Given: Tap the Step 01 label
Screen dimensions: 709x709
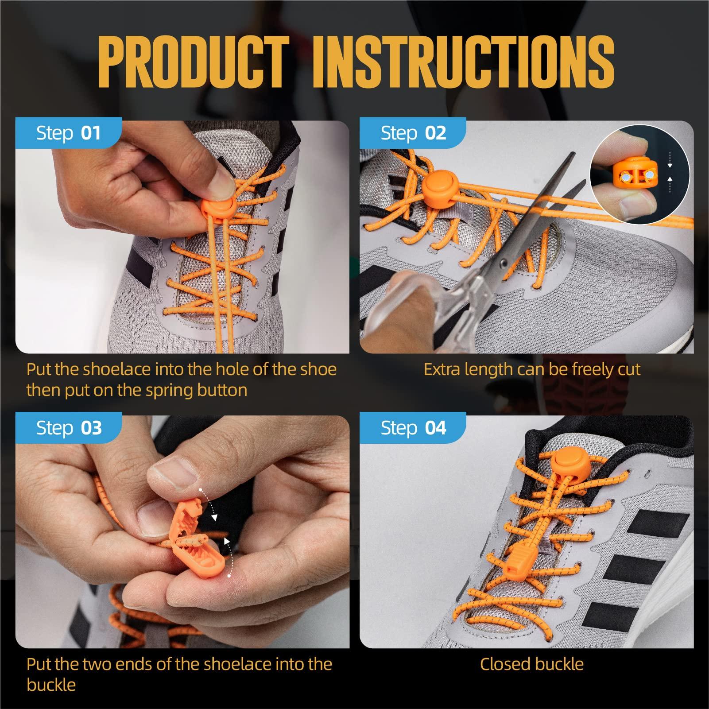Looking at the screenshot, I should pos(68,133).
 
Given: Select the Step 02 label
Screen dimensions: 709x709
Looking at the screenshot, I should pos(413,133).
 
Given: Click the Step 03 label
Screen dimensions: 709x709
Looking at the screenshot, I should pos(68,428).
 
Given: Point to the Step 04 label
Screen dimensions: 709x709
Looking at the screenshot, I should pos(413,428).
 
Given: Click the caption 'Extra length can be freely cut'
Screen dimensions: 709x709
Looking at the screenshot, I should pos(531,369).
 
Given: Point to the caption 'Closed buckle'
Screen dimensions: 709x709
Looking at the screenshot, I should pos(531,664).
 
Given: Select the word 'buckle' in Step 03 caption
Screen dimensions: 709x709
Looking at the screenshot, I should pos(51,685).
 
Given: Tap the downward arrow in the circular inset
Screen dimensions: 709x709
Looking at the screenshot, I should pos(670,161).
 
